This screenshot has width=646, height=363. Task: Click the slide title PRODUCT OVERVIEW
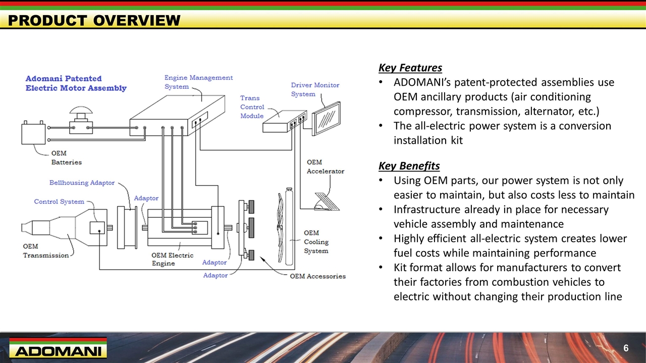click(94, 21)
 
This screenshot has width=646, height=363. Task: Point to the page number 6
click(626, 348)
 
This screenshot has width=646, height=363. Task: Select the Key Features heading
click(410, 68)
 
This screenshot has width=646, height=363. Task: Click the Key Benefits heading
click(409, 166)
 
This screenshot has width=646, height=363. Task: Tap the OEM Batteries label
click(66, 158)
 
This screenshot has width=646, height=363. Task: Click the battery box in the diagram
click(34, 132)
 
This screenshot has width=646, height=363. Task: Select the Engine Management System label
click(198, 82)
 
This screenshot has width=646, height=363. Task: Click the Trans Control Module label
click(252, 107)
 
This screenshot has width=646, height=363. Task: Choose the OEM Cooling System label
click(316, 242)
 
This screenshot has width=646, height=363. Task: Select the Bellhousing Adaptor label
click(82, 183)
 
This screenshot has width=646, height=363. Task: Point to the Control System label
click(59, 202)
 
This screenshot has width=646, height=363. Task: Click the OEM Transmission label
click(45, 251)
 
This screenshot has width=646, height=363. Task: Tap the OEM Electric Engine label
click(172, 259)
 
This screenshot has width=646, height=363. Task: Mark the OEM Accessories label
click(317, 276)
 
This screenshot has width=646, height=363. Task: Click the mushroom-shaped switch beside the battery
click(80, 118)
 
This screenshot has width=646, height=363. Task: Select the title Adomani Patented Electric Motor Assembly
click(76, 83)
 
